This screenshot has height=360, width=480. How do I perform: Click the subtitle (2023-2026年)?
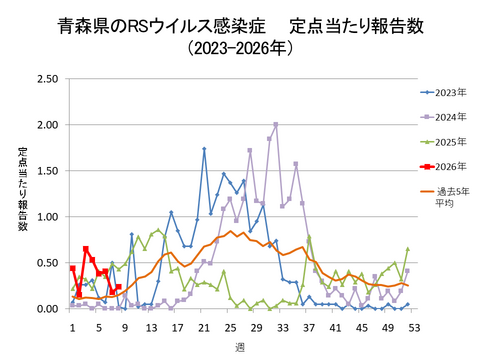[240, 47]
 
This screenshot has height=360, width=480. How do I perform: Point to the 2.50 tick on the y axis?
[46, 78]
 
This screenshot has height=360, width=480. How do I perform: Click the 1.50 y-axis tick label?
[46, 170]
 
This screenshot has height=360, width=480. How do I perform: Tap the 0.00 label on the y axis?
[46, 309]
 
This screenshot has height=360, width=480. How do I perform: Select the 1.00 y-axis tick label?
[46, 217]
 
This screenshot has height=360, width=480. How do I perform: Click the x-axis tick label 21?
[204, 326]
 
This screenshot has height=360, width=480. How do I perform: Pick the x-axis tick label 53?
[413, 326]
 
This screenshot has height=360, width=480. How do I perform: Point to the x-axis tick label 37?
[309, 326]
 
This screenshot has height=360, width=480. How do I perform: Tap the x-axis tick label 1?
[72, 326]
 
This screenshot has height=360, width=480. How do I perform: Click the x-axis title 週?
[240, 345]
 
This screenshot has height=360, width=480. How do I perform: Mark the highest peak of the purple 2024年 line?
[276, 125]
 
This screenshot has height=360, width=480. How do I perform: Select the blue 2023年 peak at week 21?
[204, 149]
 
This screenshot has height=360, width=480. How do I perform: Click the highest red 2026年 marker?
[86, 249]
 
